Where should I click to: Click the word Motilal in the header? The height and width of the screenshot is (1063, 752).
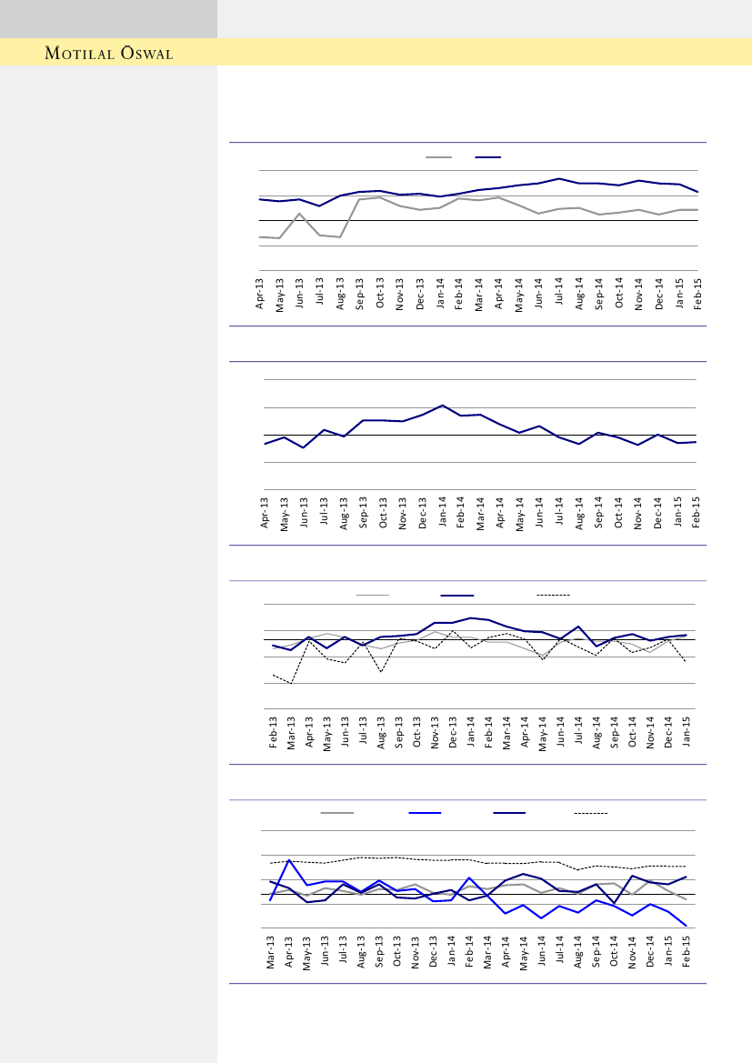pos(78,54)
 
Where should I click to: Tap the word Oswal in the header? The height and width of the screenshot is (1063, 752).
pos(143,54)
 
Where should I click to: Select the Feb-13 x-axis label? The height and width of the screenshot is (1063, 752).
pos(274,732)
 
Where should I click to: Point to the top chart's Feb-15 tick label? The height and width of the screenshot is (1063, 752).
pos(698,296)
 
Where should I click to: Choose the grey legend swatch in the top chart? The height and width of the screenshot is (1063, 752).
pos(438,157)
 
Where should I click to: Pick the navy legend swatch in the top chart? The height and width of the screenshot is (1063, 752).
pos(488,157)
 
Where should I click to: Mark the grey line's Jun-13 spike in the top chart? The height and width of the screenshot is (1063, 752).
pos(300,214)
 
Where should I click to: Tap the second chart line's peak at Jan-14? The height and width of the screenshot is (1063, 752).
pos(442,406)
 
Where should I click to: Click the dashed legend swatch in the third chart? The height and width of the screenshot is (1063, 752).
pos(553,595)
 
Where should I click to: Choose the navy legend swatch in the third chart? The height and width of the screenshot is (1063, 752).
pos(457,595)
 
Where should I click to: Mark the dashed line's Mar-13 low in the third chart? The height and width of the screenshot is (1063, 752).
pos(291,683)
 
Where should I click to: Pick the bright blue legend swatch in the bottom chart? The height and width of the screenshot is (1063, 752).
pos(425,812)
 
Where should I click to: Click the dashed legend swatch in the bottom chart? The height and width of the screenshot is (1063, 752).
pos(591,812)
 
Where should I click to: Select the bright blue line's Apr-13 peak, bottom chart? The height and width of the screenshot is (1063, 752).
pos(289,859)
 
